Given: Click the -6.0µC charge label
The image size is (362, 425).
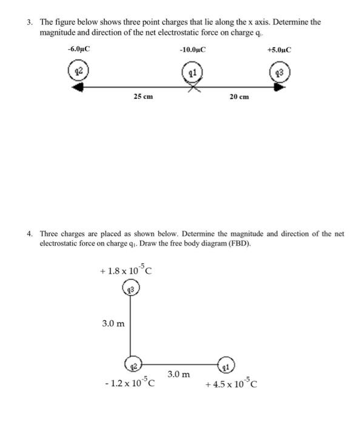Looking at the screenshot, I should click(x=79, y=49).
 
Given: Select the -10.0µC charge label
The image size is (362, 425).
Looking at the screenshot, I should click(x=192, y=49).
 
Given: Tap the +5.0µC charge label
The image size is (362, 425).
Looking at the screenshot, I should click(x=279, y=49).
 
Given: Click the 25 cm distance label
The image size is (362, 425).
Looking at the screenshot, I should click(x=143, y=97).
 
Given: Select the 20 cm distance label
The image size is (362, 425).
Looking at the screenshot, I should click(x=239, y=97).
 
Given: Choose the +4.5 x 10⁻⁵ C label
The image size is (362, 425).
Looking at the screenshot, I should click(x=232, y=384).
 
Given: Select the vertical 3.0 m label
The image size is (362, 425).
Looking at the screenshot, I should click(x=113, y=324).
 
